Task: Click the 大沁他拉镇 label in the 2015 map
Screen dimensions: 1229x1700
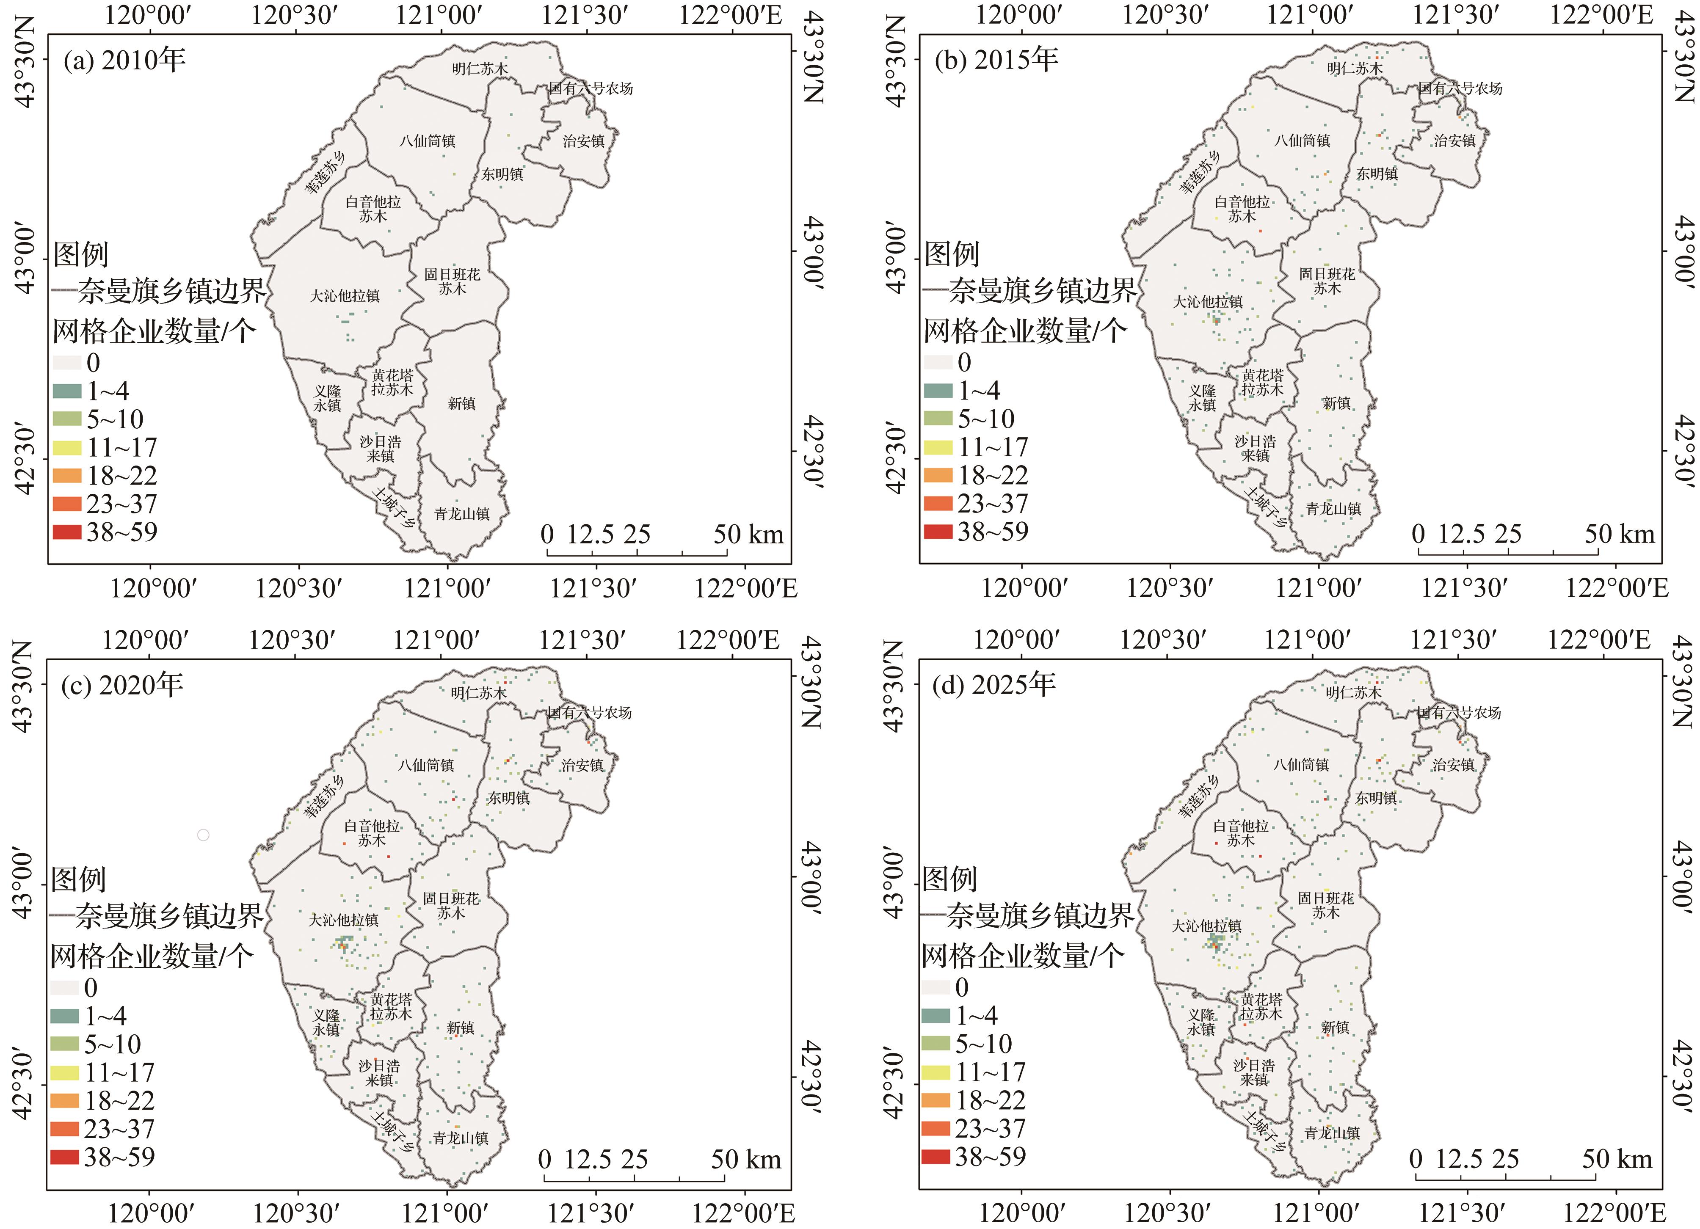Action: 1208,302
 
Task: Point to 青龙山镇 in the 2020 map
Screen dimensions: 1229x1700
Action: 461,1138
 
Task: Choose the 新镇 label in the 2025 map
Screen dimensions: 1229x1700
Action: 1335,1028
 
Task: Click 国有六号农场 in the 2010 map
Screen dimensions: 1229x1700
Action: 591,88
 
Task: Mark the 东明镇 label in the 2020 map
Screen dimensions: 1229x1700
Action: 508,798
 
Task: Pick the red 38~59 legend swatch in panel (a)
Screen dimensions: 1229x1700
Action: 67,532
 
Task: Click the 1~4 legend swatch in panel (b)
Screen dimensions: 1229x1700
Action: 938,391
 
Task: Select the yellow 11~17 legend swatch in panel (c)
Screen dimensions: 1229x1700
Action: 64,1072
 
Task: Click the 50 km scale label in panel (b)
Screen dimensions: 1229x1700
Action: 1619,535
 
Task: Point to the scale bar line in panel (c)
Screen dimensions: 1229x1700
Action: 634,1180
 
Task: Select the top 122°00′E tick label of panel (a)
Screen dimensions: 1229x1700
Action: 730,15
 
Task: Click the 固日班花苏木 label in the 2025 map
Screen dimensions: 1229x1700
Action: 1326,904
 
